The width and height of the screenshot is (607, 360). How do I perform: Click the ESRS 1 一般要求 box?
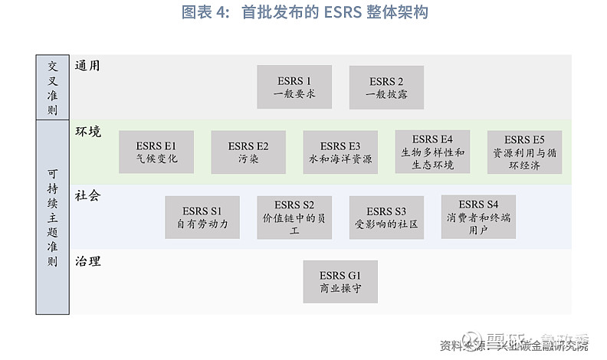tap(294, 87)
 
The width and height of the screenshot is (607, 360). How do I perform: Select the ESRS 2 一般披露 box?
tap(386, 87)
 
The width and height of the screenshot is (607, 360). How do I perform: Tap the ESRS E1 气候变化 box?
tap(156, 152)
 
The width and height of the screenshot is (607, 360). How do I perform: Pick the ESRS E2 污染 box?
tap(248, 152)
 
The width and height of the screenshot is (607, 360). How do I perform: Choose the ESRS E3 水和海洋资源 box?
tap(340, 152)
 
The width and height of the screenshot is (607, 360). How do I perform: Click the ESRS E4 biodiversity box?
tap(432, 152)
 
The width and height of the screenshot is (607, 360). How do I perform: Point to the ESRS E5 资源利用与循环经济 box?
tap(524, 152)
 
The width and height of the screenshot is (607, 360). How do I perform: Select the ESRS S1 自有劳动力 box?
tap(202, 218)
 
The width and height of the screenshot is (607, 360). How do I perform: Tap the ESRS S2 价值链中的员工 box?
tap(294, 218)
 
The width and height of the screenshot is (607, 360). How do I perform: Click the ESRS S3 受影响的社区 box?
tap(386, 218)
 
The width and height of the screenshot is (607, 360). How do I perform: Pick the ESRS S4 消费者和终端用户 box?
tap(478, 218)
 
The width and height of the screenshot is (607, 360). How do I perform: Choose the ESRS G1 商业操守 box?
tap(340, 282)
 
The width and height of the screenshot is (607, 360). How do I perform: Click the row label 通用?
tap(87, 66)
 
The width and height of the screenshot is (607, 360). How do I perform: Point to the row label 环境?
tap(87, 131)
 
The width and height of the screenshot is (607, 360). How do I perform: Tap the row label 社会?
tap(87, 196)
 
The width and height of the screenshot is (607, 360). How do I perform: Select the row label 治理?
tap(87, 261)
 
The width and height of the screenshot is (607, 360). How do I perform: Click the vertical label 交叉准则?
tap(52, 87)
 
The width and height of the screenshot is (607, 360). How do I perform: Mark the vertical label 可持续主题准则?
tap(52, 218)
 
